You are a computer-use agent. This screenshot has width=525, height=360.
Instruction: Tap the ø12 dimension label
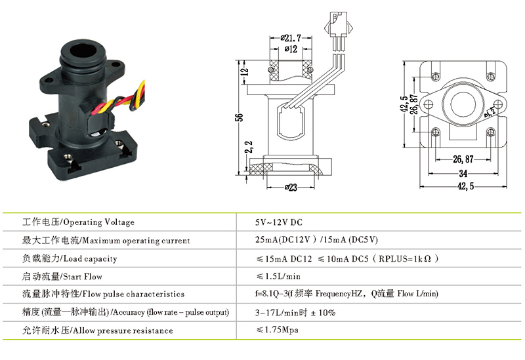tap(290, 49)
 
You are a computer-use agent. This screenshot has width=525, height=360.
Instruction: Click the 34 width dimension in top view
tap(463, 174)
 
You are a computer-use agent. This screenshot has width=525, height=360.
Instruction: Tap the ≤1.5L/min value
tap(280, 276)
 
